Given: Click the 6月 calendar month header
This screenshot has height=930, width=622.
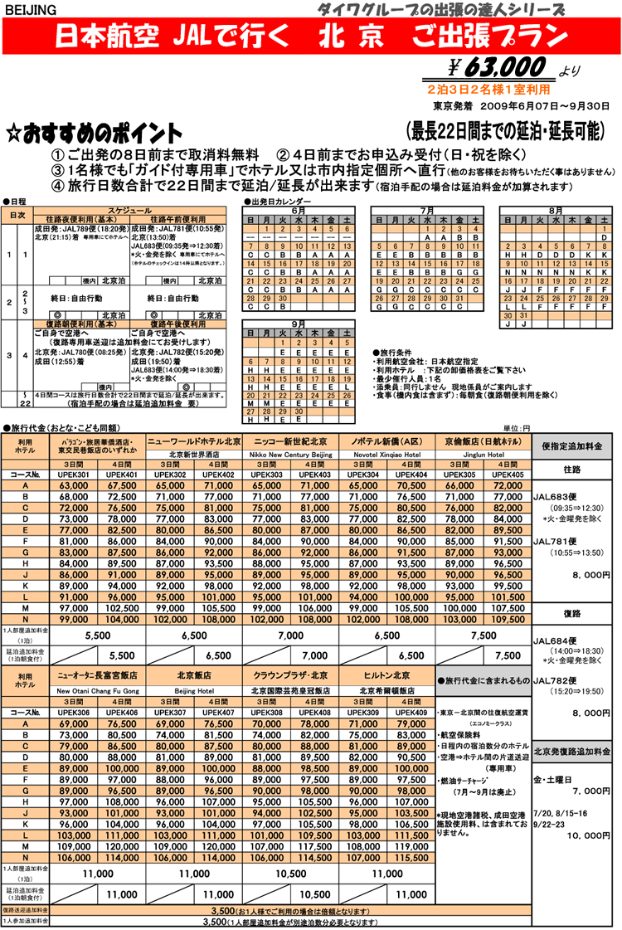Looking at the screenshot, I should click(x=299, y=210).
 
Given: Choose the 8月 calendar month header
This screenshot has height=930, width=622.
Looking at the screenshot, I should click(x=555, y=210).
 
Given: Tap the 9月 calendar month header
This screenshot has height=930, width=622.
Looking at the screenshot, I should click(x=299, y=325).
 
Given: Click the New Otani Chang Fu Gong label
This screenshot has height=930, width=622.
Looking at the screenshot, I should click(x=98, y=689).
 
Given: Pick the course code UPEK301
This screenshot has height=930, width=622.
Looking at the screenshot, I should click(x=74, y=474).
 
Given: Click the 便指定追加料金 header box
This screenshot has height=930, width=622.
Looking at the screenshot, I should click(x=574, y=446).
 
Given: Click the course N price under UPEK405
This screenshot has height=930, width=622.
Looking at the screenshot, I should click(x=507, y=618).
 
